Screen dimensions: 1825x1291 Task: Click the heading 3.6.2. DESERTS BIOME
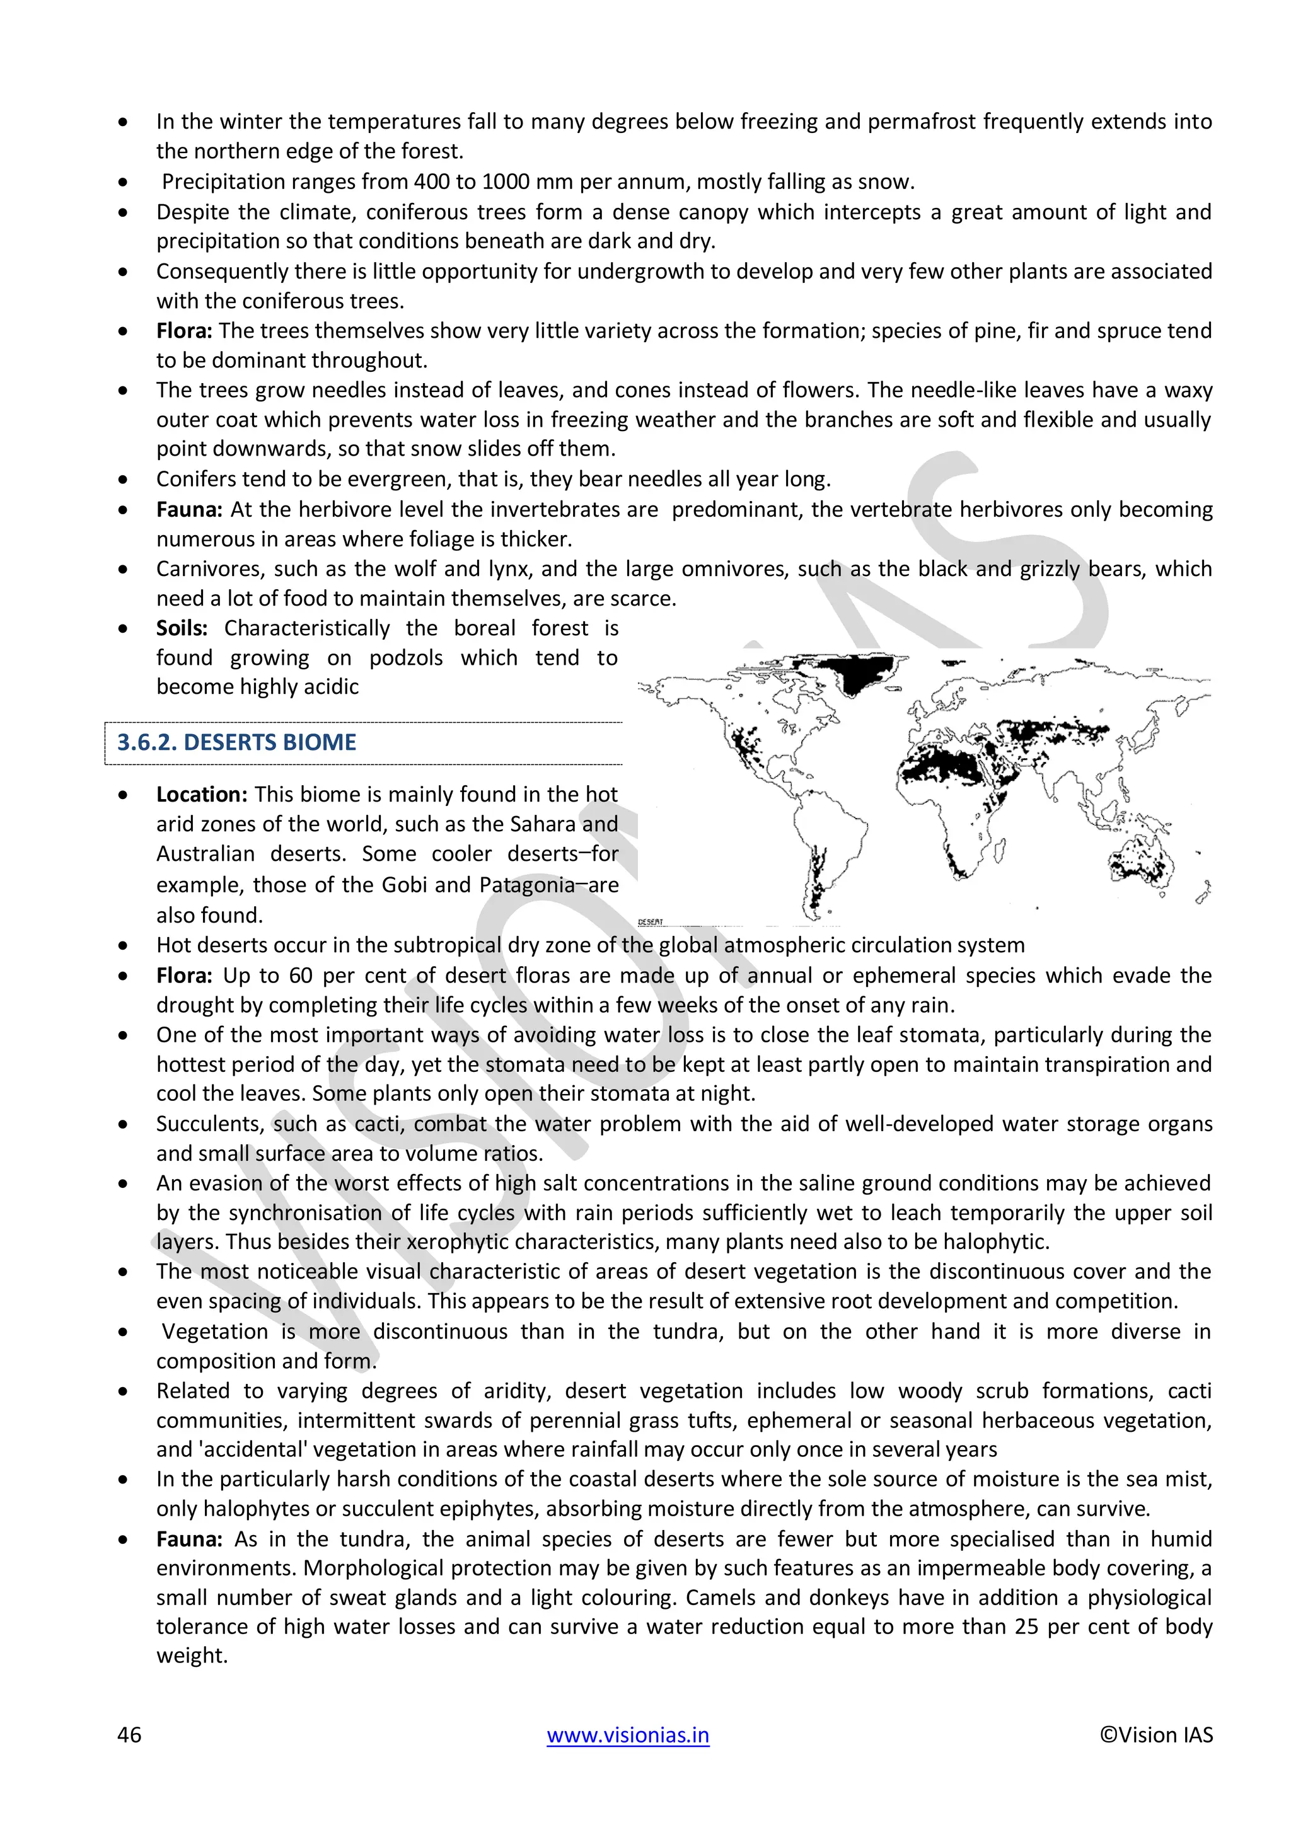236,742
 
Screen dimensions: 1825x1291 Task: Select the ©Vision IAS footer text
1156,1734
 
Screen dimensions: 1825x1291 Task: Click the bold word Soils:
182,628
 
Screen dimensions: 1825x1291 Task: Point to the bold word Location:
202,794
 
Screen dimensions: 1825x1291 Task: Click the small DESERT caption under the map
651,922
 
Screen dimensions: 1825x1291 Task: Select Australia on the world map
1142,863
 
